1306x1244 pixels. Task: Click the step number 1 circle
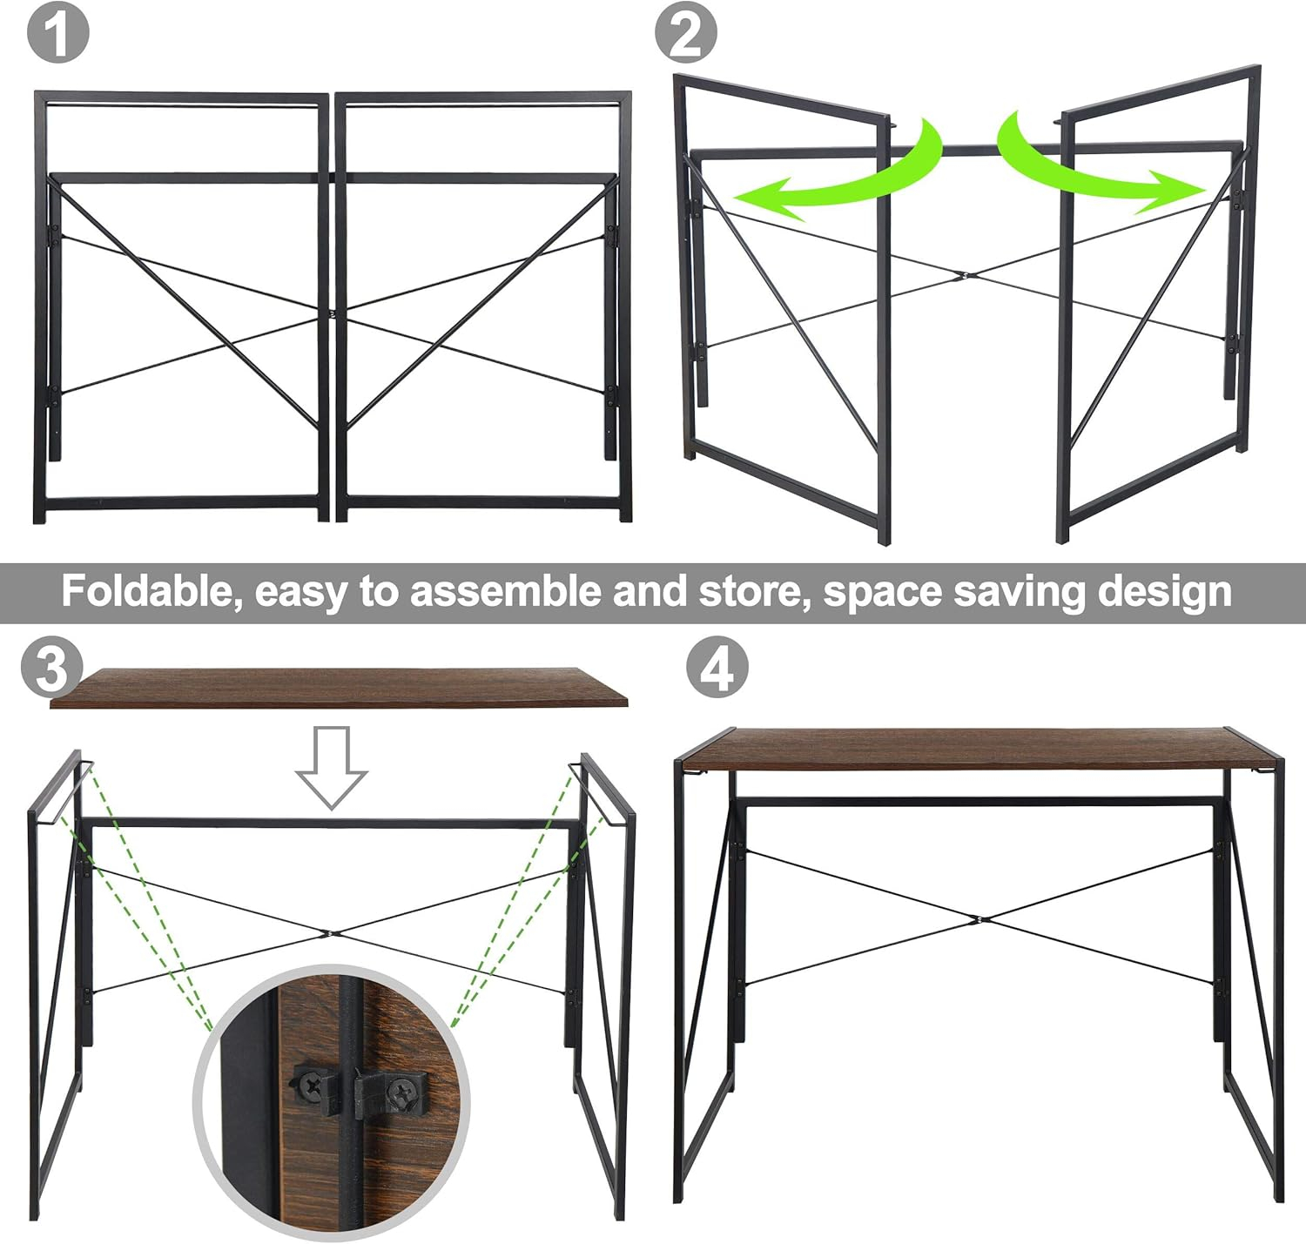57,32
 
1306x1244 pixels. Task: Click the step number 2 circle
686,32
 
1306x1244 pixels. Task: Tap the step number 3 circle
52,668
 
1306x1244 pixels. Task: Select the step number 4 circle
717,668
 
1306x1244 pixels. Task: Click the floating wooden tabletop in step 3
338,687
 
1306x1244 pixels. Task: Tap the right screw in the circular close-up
401,1090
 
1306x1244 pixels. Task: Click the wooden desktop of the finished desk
979,748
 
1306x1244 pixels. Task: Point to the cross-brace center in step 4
979,918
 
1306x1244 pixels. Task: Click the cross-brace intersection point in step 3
329,934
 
